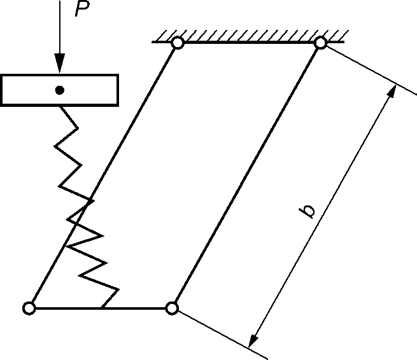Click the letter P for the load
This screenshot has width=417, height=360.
click(x=81, y=10)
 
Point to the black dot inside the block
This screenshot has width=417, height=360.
click(x=59, y=90)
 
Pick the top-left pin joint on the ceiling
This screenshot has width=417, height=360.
click(x=178, y=43)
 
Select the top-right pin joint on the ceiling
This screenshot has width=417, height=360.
click(x=321, y=43)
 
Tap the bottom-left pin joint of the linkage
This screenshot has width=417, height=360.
click(x=28, y=308)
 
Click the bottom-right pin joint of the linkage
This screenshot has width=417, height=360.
click(x=171, y=308)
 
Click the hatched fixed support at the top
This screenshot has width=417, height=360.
click(x=249, y=36)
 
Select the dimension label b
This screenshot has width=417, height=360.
click(x=309, y=211)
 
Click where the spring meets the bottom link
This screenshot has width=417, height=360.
click(x=102, y=308)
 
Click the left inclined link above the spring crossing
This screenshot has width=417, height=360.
click(x=134, y=121)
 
